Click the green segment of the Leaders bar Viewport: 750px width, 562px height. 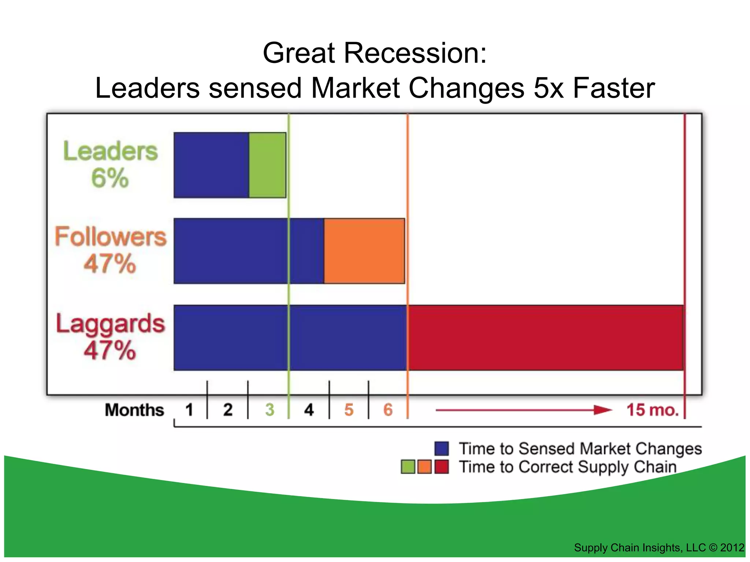point(267,165)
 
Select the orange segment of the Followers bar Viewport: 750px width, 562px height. point(364,251)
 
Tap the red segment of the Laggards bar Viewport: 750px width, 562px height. point(546,337)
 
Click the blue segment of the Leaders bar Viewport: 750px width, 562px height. point(211,165)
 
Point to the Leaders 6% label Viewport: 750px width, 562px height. point(110,164)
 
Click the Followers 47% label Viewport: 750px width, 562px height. point(110,250)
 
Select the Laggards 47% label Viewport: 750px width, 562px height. point(110,336)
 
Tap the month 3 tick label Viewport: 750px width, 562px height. point(270,409)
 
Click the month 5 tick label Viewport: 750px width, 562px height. point(349,409)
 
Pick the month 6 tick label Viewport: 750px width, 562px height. point(388,409)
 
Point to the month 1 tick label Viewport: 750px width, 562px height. point(189,409)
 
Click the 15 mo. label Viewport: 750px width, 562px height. point(653,409)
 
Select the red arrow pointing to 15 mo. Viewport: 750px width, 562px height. point(524,410)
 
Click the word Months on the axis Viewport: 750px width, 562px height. point(134,410)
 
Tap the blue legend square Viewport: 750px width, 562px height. point(442,449)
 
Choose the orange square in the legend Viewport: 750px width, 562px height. point(424,467)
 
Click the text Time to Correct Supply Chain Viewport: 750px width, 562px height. point(568,467)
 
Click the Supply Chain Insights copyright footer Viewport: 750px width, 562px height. point(658,547)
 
